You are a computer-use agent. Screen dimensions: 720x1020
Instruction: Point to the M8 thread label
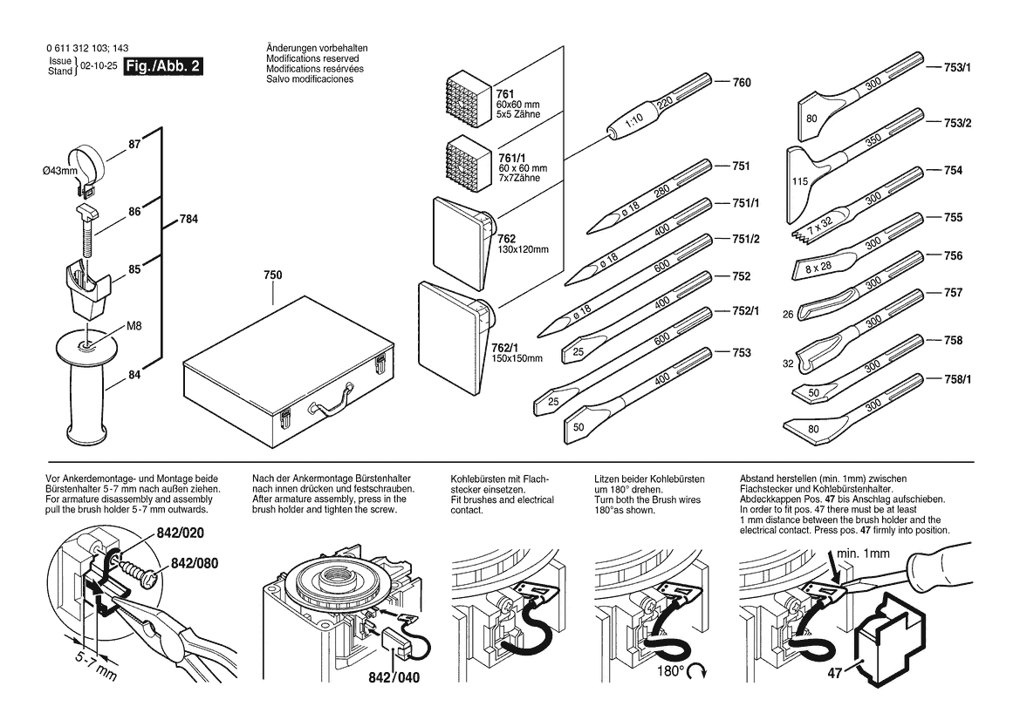(133, 327)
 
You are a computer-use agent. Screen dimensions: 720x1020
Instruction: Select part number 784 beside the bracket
(189, 220)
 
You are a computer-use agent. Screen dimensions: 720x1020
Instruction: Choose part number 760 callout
(741, 84)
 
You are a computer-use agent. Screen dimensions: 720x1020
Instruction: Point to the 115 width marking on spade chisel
(800, 182)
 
